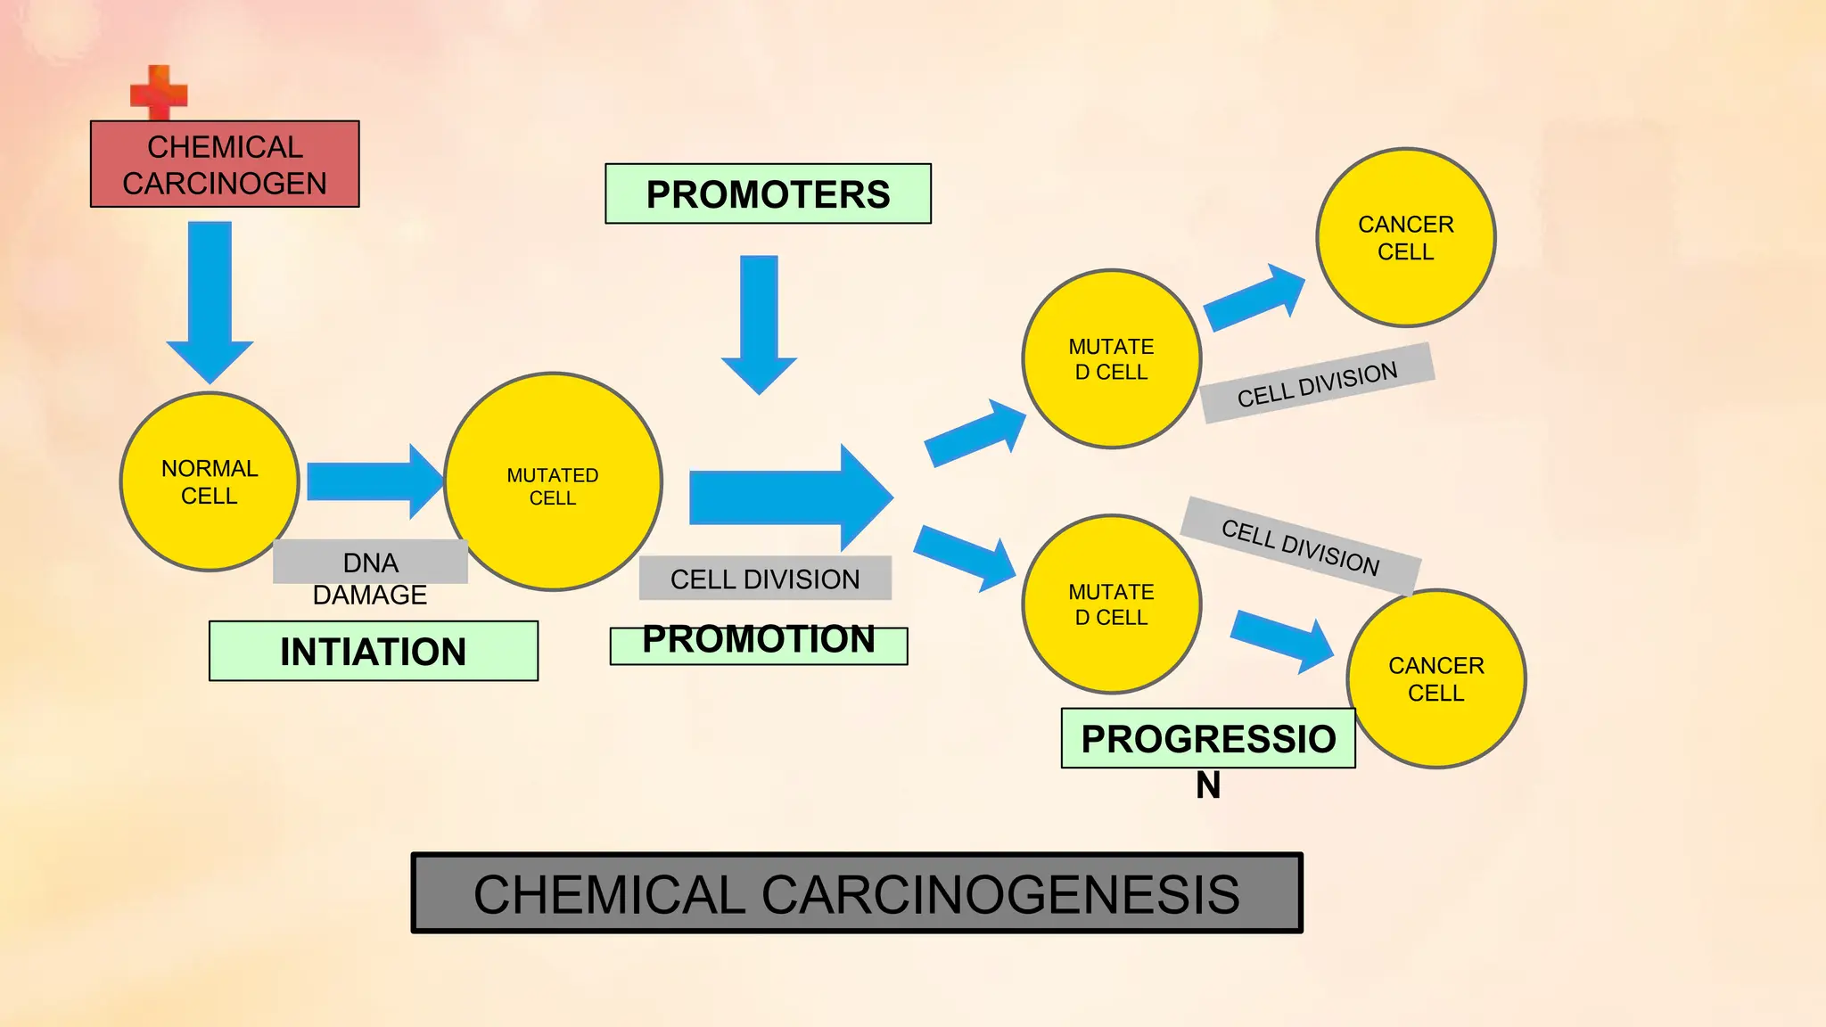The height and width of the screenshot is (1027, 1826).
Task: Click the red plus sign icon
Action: [x=159, y=92]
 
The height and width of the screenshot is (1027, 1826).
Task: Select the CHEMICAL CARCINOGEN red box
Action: [x=225, y=164]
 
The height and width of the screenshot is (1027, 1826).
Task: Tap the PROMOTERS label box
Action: [x=768, y=193]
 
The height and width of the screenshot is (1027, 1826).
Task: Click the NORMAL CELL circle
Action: [x=210, y=481]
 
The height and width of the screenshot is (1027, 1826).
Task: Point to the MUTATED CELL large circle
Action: [x=553, y=481]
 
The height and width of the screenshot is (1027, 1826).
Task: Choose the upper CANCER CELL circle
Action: [x=1405, y=237]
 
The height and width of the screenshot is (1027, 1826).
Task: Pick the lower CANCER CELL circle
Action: [x=1435, y=678]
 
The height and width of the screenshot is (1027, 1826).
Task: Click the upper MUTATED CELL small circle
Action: [x=1111, y=358]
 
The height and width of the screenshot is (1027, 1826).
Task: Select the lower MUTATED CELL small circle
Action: [x=1111, y=604]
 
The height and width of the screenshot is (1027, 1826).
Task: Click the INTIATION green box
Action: [x=373, y=651]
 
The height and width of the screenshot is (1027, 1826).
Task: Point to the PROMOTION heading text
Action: [x=758, y=640]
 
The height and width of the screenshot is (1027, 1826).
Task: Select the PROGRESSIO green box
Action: [x=1207, y=738]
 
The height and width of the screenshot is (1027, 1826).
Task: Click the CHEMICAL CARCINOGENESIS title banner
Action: [x=856, y=893]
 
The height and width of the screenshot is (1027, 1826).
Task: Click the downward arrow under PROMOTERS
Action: [x=759, y=321]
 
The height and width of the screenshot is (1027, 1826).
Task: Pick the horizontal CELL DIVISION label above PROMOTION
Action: [x=765, y=579]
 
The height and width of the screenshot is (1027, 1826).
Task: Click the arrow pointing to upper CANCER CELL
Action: [x=1254, y=297]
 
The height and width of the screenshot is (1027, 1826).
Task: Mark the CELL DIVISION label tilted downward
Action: [x=1300, y=546]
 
